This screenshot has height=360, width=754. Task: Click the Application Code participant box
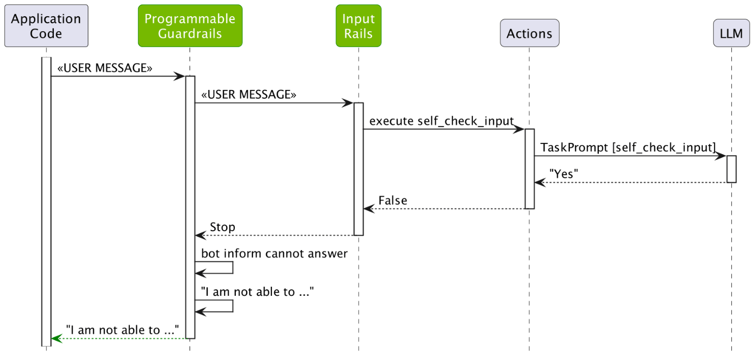point(46,25)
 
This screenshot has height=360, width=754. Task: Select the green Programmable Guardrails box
point(190,25)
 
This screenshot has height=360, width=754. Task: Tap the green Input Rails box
point(359,25)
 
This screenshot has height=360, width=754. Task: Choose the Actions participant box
point(529,33)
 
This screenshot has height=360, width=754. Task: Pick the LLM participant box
point(731,33)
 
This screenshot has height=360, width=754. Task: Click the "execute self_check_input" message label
point(441,121)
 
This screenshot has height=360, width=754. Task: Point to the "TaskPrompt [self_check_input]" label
point(628,148)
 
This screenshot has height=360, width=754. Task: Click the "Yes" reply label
point(563,174)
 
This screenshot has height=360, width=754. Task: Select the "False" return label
point(393,200)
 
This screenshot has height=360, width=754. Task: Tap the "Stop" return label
point(222,227)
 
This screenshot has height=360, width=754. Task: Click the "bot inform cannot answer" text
point(274,253)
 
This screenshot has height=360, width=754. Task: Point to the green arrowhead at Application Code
point(57,338)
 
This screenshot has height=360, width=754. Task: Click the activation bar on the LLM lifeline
point(731,169)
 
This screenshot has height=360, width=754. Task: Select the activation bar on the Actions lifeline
point(529,169)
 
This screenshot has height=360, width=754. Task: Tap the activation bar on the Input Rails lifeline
point(359,169)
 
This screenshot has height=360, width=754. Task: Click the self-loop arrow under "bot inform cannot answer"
point(233,267)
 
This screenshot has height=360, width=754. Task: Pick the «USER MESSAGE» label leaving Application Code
point(104,68)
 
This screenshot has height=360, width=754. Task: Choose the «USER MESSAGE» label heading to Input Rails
point(249,95)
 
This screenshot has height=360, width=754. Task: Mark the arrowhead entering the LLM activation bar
point(721,156)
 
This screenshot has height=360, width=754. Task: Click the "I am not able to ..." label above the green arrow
point(123,330)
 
